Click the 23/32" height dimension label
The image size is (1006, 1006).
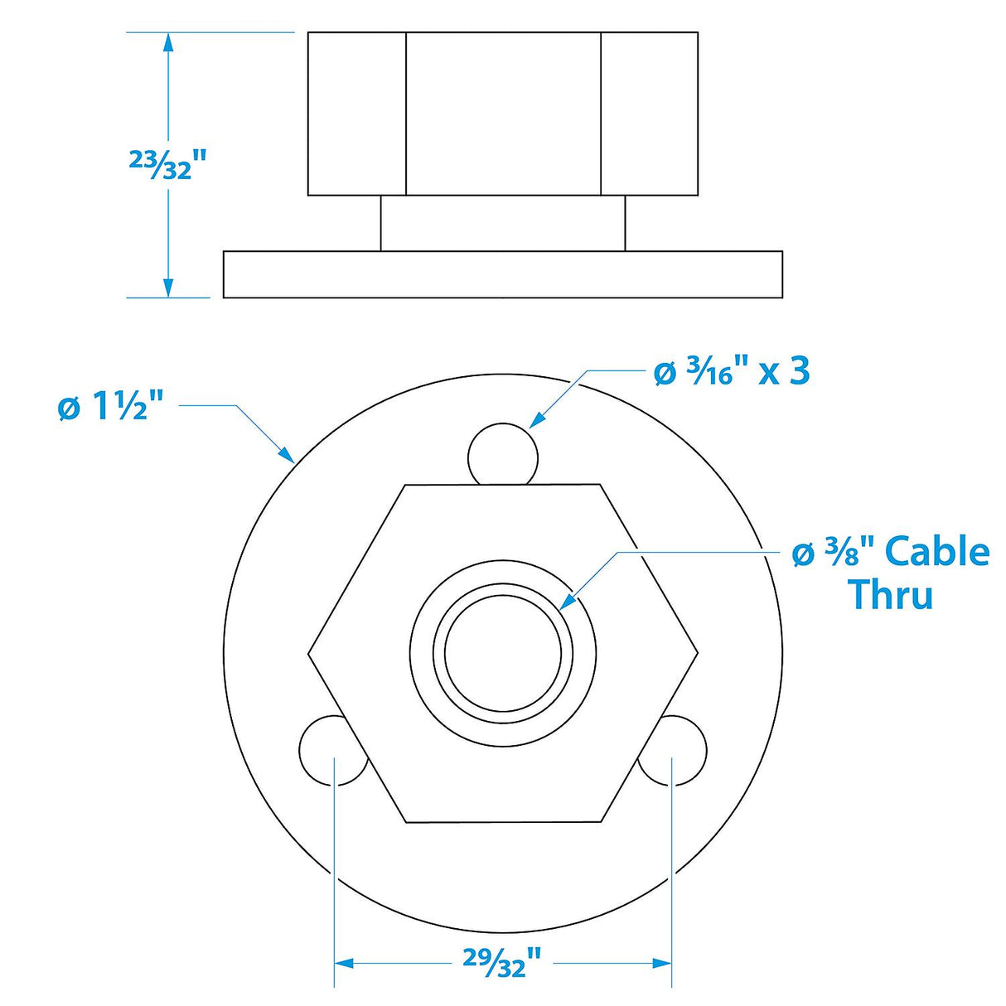[166, 164]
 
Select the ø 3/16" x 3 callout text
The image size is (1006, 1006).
[731, 372]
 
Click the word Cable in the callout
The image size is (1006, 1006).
[937, 552]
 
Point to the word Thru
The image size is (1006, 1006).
[891, 594]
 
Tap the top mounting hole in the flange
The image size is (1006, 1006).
[503, 455]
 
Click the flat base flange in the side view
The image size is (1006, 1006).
[502, 274]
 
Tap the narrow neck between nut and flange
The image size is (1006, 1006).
[502, 224]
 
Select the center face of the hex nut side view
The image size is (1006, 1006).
[502, 114]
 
